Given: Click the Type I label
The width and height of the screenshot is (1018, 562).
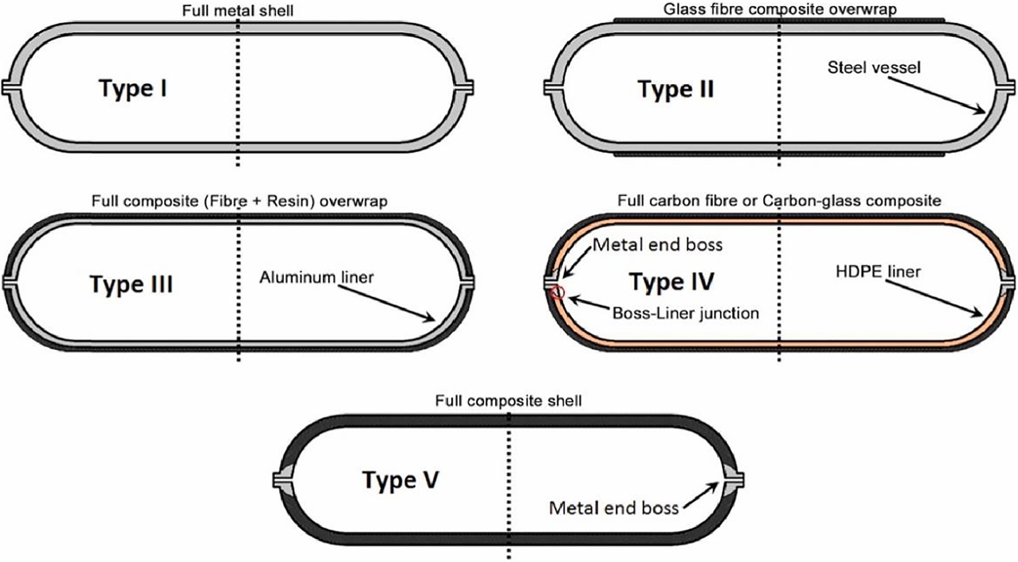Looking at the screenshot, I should (133, 88).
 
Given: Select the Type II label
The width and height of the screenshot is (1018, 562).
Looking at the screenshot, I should (675, 90).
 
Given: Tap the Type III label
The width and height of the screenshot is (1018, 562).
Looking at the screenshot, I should (131, 284).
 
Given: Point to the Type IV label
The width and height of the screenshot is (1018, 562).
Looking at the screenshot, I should (671, 282).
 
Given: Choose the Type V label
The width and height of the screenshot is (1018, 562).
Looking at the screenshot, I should (400, 481).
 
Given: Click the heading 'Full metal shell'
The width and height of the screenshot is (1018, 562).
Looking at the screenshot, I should (237, 10).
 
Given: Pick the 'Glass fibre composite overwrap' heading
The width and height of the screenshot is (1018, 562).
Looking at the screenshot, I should (779, 9).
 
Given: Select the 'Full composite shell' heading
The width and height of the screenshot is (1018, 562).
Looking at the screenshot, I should (508, 400).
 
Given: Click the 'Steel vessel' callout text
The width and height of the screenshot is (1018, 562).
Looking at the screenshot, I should (874, 67).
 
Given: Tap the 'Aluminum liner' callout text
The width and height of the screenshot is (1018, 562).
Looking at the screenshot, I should (316, 277).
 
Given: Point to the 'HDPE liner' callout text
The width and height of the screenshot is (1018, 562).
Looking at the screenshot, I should (878, 271).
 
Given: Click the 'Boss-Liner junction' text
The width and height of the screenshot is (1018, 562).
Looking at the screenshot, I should (685, 313).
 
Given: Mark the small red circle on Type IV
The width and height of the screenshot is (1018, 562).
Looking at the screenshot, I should (557, 292).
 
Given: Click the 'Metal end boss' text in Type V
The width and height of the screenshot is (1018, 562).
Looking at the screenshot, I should (614, 508).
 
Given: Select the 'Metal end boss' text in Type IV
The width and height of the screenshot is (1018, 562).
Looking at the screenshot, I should (657, 244).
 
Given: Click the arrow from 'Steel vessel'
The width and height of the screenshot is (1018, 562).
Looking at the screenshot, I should (937, 93).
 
